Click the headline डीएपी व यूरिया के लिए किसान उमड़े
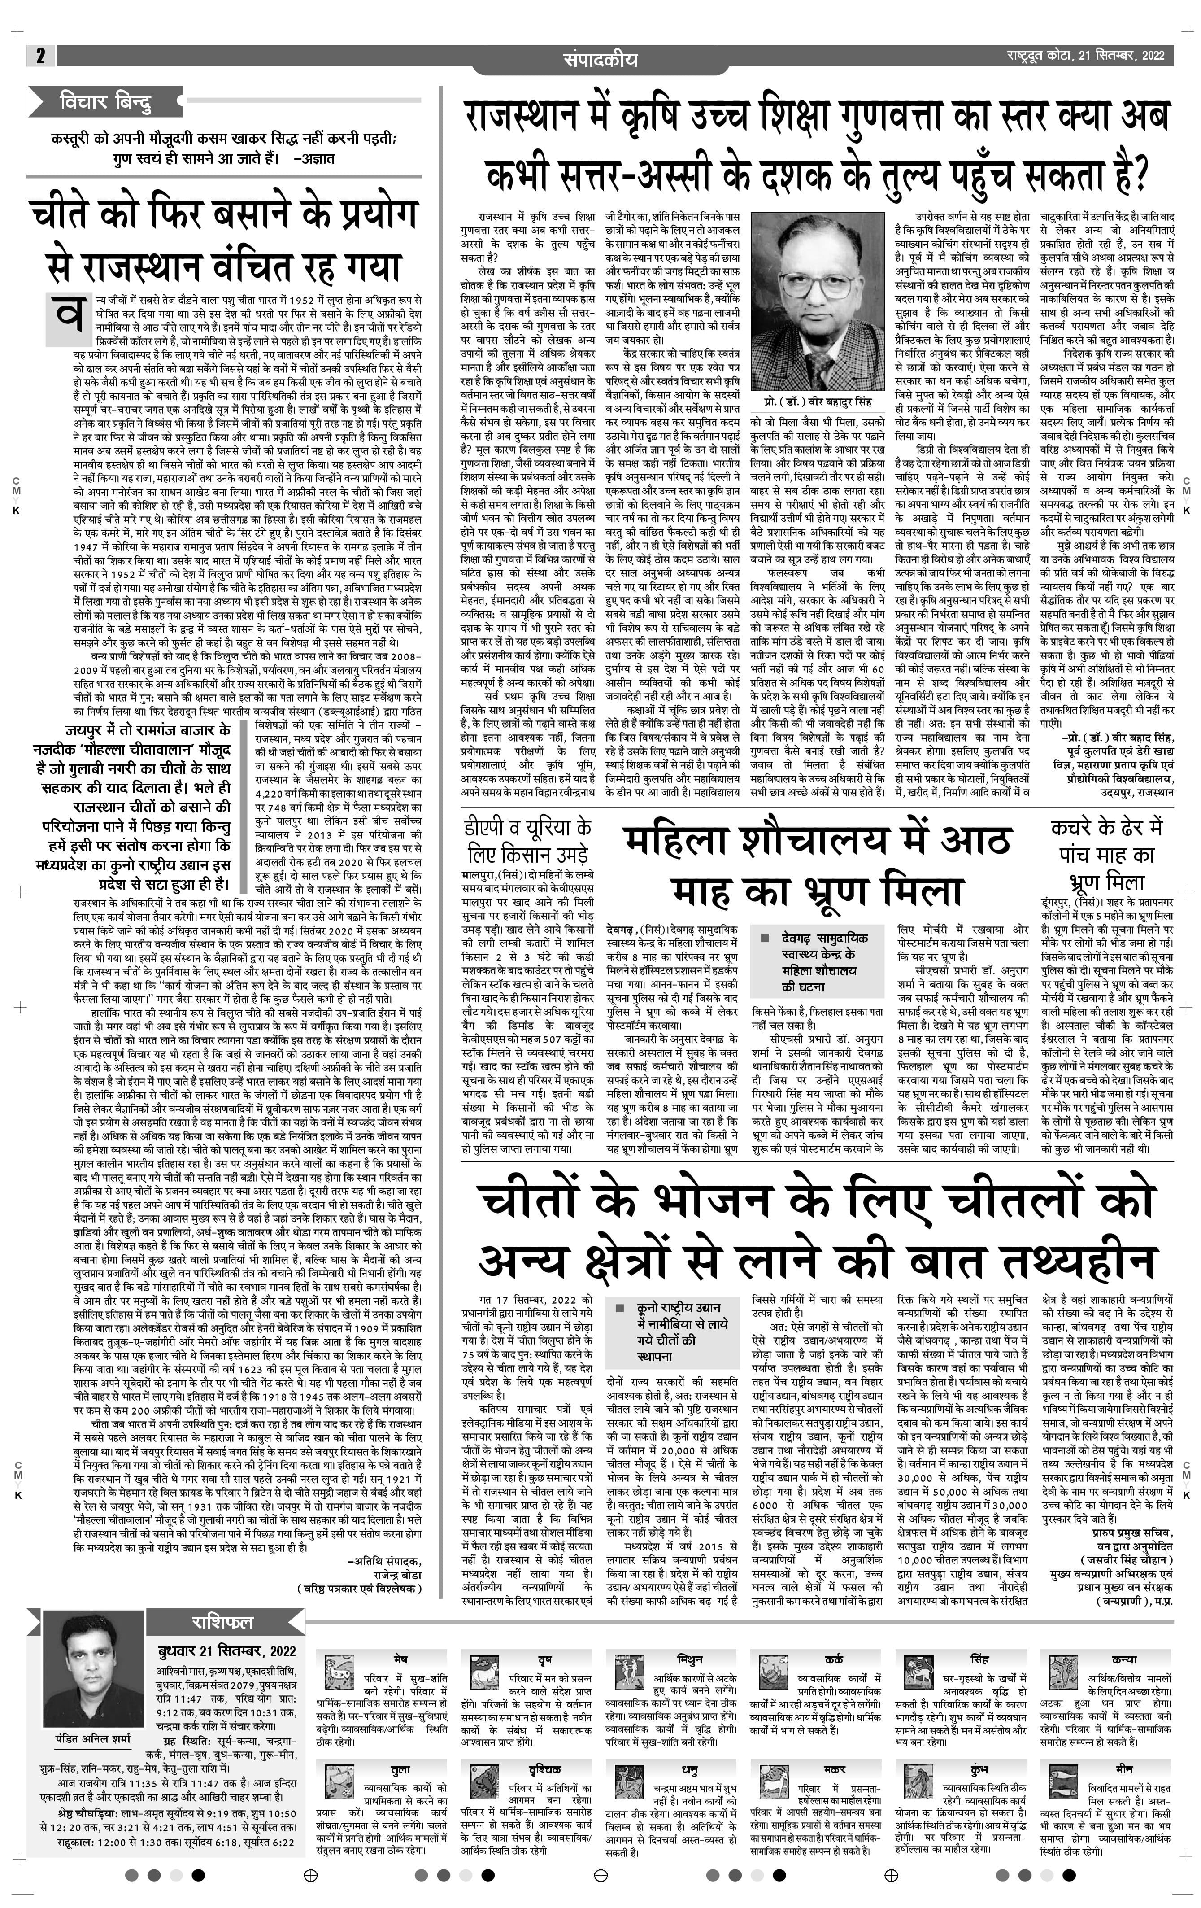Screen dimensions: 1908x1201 (527, 841)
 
